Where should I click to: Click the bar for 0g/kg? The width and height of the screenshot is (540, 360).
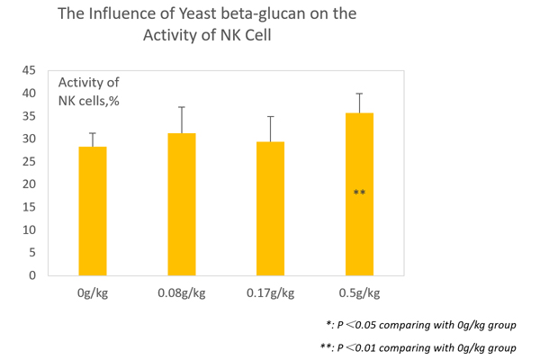click(92, 211)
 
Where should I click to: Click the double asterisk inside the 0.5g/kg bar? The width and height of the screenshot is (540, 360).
click(359, 193)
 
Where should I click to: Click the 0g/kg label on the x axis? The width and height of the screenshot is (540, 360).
click(92, 293)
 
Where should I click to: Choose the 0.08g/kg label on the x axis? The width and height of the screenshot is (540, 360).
click(181, 293)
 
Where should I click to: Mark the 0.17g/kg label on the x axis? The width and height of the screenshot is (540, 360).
click(270, 293)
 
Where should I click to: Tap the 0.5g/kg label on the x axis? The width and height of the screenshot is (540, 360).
click(359, 293)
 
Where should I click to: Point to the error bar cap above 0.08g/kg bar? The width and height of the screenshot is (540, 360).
click(181, 107)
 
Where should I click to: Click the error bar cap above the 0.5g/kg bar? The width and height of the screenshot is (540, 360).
click(359, 94)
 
